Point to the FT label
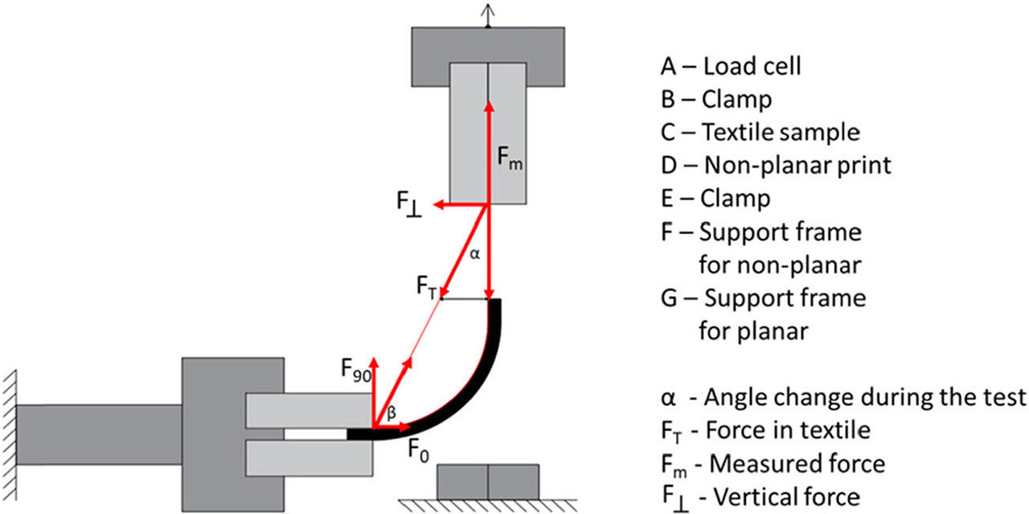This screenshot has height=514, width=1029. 427,287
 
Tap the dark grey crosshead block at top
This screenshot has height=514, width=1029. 488,44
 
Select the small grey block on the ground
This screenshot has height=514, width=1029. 487,481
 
